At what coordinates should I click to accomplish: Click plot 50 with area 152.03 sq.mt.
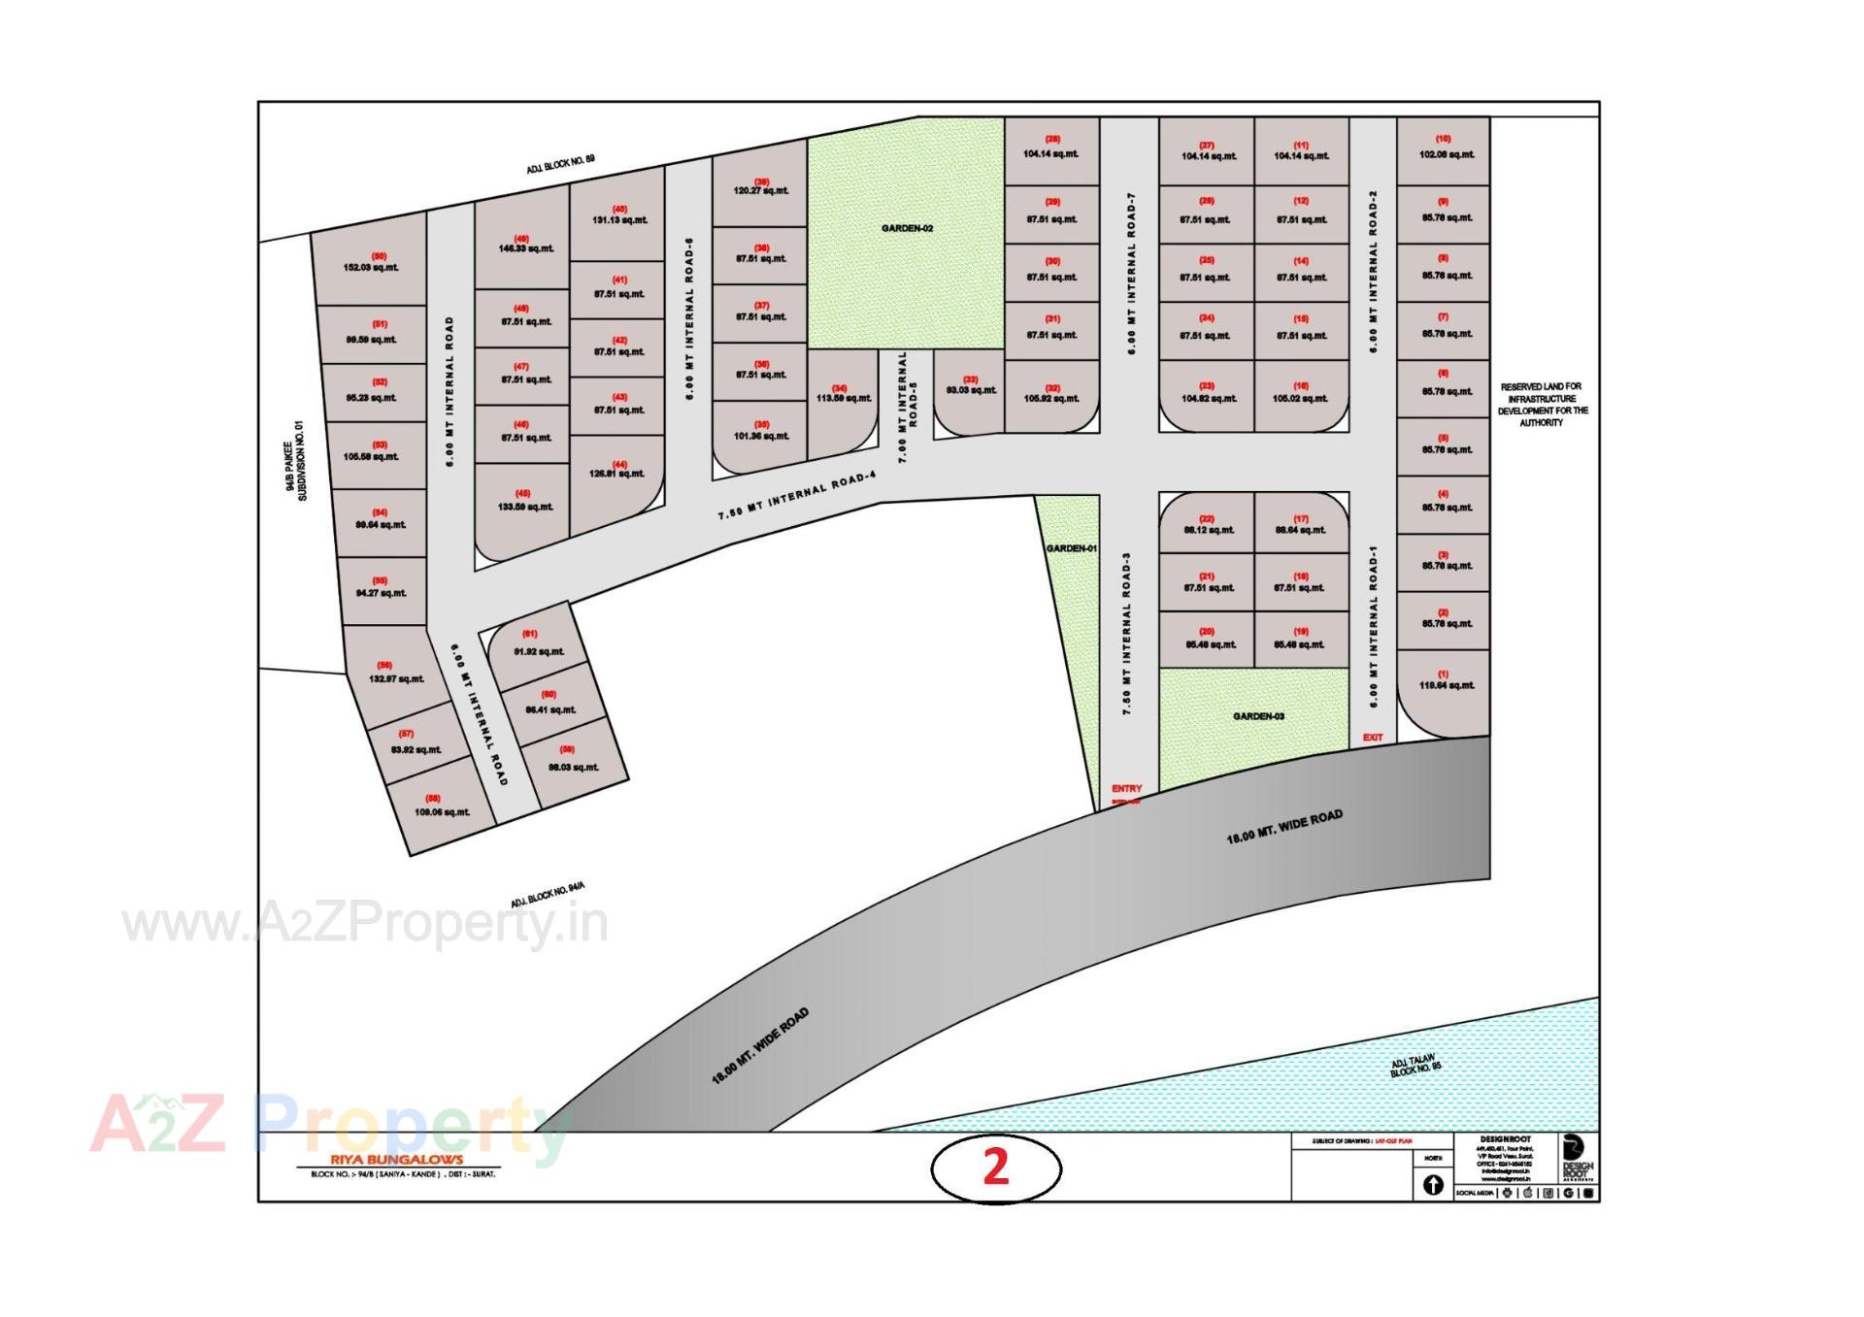coord(370,263)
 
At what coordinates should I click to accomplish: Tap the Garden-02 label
coord(907,228)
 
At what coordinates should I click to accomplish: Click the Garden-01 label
coord(1071,548)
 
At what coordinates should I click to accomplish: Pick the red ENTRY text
coord(1126,789)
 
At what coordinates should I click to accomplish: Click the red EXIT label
coord(1372,738)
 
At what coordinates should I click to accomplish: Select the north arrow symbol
coord(1433,1185)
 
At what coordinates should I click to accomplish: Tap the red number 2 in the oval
coord(995,1168)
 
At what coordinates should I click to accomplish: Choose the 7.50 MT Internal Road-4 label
coord(797,495)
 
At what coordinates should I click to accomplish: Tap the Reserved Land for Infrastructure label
coord(1544,405)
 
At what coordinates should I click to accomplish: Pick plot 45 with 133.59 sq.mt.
coord(524,501)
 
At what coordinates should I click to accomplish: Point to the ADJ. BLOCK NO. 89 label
coord(560,164)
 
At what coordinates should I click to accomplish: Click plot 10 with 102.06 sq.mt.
coord(1445,148)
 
